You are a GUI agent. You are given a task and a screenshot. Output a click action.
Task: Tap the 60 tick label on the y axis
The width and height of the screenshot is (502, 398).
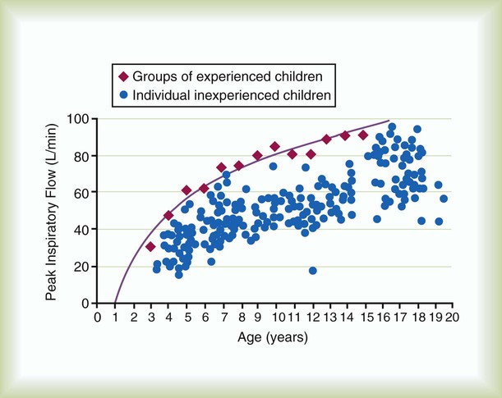click(x=81, y=193)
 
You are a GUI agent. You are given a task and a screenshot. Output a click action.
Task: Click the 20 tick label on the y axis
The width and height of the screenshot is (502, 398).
click(x=81, y=267)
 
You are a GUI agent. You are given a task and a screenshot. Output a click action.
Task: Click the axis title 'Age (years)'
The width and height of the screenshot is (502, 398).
click(x=274, y=337)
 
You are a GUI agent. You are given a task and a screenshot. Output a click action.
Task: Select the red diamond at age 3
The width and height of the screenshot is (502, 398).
click(x=150, y=247)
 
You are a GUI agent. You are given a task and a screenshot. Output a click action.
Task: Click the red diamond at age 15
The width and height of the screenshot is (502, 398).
click(x=363, y=135)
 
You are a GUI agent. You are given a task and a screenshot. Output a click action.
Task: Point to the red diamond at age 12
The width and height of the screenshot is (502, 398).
click(x=311, y=154)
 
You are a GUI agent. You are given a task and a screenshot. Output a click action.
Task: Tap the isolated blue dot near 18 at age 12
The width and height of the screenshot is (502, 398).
click(x=313, y=271)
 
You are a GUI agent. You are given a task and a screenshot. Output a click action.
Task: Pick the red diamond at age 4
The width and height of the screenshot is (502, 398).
click(x=168, y=216)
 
